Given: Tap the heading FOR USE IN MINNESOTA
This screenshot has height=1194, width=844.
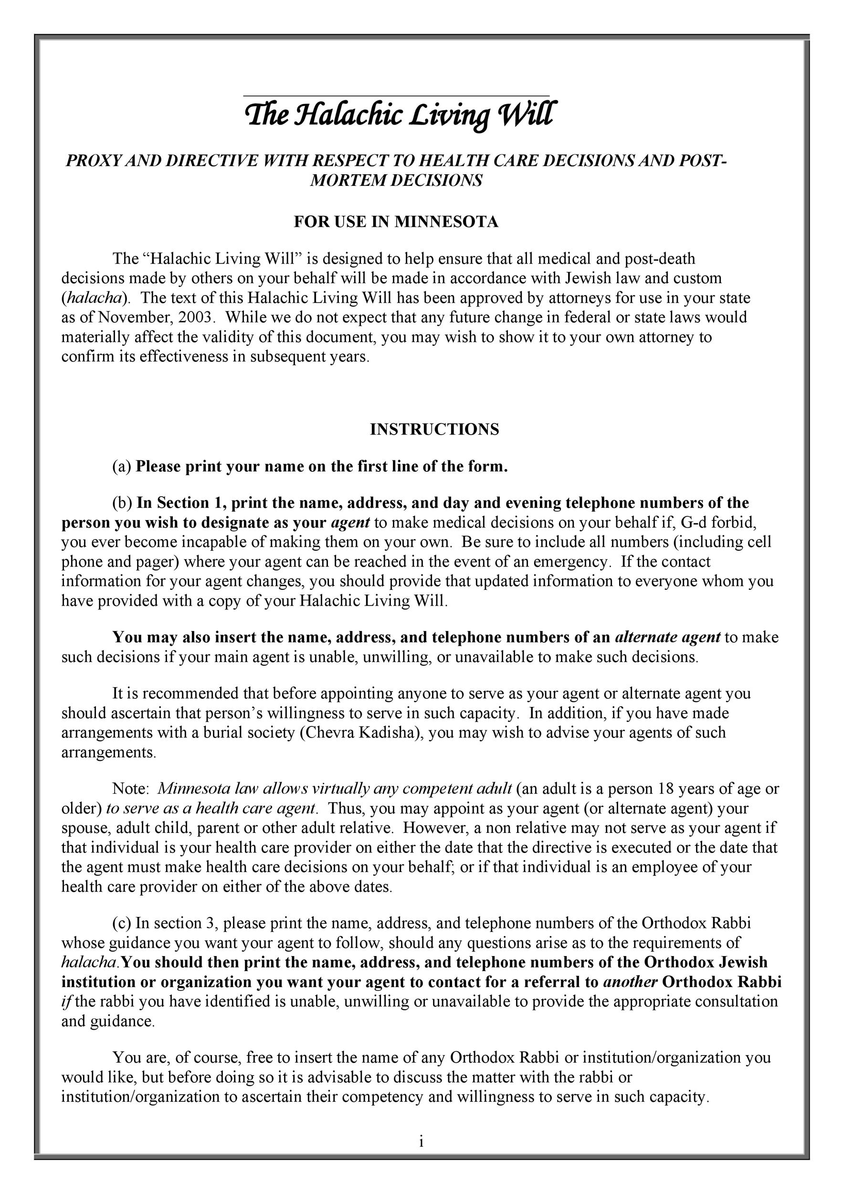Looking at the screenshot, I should coord(396,222).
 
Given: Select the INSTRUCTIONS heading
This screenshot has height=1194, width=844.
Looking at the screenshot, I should coord(434,429).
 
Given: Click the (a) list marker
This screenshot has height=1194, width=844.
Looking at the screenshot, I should coord(122,467).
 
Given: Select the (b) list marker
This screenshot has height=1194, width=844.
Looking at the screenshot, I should coord(122,503).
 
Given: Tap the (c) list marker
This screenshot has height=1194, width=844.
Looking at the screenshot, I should coord(122,923).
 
